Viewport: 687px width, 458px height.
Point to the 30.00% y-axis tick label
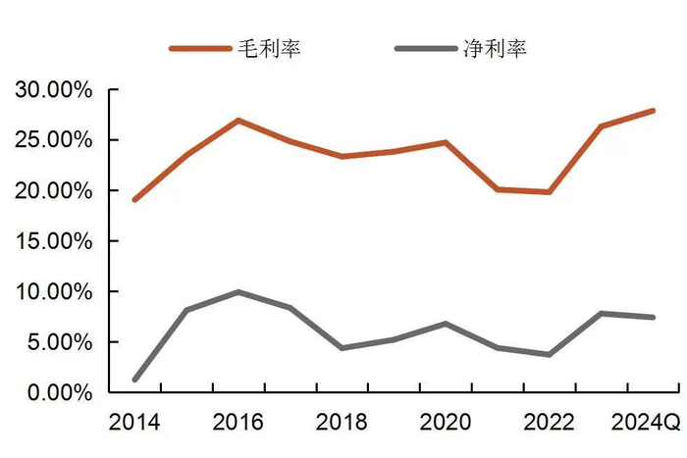[53, 90]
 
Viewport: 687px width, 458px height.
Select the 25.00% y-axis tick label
[53, 140]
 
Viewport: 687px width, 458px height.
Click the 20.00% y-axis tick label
[53, 190]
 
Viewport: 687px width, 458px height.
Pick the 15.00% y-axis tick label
[53, 241]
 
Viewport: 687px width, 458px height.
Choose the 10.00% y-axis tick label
[53, 292]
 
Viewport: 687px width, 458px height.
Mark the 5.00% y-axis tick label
[59, 342]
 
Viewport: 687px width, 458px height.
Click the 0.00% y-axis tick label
[59, 392]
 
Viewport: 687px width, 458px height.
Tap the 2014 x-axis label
[134, 423]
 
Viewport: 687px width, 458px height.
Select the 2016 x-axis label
[238, 423]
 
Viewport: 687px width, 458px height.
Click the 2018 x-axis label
[342, 423]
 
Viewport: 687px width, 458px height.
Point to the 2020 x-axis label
[446, 423]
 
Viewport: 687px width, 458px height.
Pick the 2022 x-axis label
[550, 423]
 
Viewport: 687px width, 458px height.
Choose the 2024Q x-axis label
[646, 423]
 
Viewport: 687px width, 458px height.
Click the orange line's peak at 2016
[238, 121]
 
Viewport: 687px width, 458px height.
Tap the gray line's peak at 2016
[238, 292]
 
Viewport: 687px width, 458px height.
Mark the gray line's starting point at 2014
[134, 380]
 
